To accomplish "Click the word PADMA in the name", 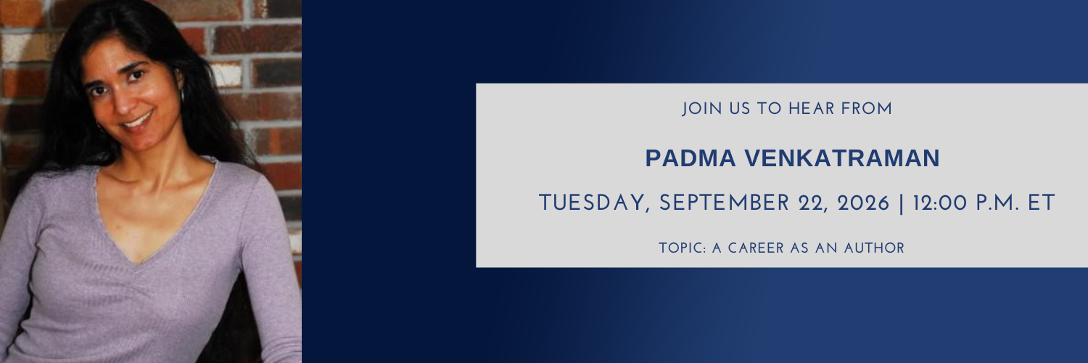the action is tap(691, 158).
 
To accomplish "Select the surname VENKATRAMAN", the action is tap(842, 158).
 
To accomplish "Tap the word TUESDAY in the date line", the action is tap(593, 203).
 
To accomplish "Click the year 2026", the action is tap(863, 203).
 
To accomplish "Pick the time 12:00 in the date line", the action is tap(940, 203).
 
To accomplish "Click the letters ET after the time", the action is tap(1042, 203).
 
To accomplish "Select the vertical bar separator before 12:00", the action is tap(902, 203).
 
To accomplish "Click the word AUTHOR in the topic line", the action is tap(874, 248).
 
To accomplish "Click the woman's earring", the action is tap(183, 94).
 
